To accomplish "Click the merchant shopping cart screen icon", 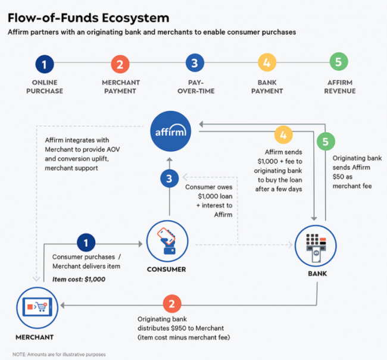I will click(35, 308).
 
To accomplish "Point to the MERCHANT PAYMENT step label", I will click(120, 86).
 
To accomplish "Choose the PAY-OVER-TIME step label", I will click(195, 86).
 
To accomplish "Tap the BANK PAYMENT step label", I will click(267, 86).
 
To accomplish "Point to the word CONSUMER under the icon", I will click(166, 269).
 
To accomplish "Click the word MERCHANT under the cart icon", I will click(35, 337).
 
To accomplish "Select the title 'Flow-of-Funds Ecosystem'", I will click(88, 18).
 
